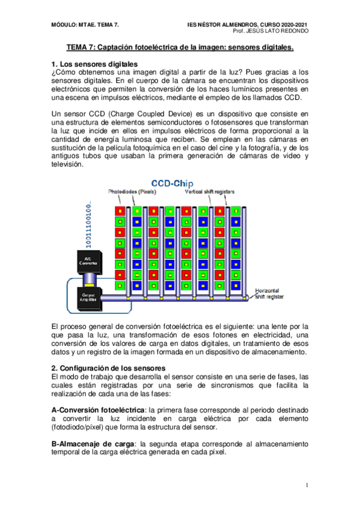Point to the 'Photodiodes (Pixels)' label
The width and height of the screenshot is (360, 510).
132,192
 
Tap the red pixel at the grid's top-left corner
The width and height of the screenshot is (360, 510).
121,211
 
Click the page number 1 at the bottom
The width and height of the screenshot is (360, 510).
307,485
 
